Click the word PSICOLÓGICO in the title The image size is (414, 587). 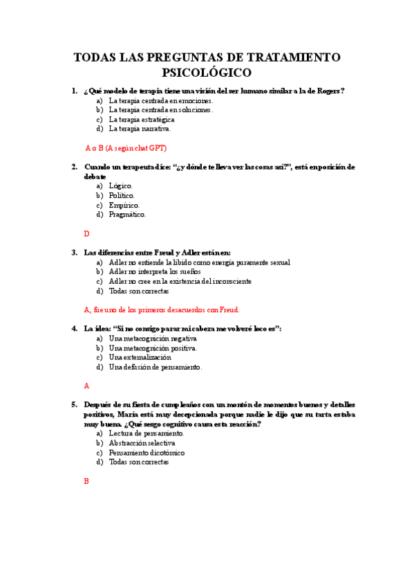(x=207, y=72)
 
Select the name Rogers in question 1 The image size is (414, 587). (x=329, y=91)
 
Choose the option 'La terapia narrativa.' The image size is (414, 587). (x=140, y=128)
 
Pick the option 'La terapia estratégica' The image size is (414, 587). (x=142, y=119)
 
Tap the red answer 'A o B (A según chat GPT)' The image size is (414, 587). (x=126, y=147)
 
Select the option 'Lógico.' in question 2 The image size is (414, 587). (x=121, y=186)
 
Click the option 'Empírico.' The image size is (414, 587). (x=124, y=205)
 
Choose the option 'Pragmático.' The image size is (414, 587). (x=127, y=215)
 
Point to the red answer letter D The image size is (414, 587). (x=87, y=234)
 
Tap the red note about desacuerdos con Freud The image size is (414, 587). (x=161, y=309)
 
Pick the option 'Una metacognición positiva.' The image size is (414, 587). (x=153, y=348)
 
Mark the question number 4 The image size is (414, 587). (x=74, y=329)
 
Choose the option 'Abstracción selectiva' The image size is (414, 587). (x=142, y=442)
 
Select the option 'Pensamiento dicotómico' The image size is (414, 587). (x=147, y=452)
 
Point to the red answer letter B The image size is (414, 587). (x=86, y=481)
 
